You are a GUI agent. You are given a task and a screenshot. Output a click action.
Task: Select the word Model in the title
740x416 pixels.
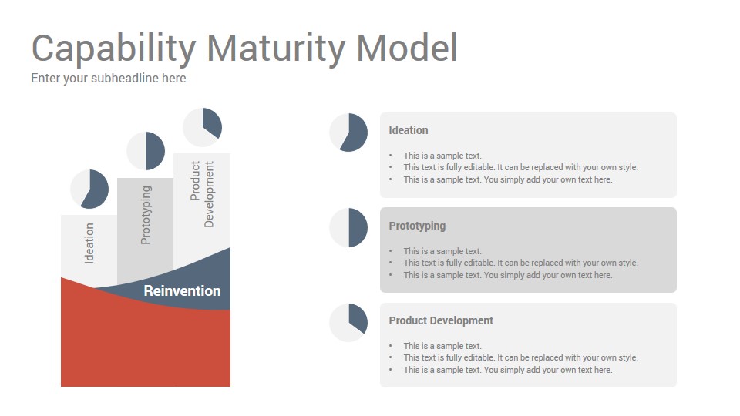[407, 48]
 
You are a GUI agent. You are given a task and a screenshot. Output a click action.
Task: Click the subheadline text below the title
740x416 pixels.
[109, 79]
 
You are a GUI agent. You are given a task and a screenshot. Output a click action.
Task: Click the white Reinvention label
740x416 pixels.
[182, 290]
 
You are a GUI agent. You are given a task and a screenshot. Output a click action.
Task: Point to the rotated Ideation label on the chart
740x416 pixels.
[89, 243]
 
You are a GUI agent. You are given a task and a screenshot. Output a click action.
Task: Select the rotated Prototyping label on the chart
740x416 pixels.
[146, 215]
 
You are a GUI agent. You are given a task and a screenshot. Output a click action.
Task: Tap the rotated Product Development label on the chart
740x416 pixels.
[202, 194]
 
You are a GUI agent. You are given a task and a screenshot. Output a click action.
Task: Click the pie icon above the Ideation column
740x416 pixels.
[89, 190]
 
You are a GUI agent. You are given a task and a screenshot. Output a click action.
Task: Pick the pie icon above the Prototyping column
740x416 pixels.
[146, 151]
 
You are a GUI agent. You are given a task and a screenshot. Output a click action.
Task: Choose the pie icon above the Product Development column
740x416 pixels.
[203, 127]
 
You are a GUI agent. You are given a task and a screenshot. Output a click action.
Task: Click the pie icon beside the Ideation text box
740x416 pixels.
[348, 133]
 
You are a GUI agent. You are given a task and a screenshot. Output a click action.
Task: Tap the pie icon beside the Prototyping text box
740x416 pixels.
[348, 227]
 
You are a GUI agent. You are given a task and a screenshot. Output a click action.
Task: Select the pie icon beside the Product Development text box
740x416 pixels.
[348, 323]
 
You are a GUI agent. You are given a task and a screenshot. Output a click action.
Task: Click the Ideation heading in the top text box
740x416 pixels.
[409, 130]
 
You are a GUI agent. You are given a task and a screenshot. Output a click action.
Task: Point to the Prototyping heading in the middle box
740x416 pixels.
[417, 226]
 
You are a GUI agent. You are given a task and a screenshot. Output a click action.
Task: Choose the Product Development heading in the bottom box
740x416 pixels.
[441, 320]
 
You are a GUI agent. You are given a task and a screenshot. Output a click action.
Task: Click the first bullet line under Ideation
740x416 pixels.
[442, 156]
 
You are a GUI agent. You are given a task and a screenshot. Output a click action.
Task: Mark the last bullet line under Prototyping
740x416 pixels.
[508, 275]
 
